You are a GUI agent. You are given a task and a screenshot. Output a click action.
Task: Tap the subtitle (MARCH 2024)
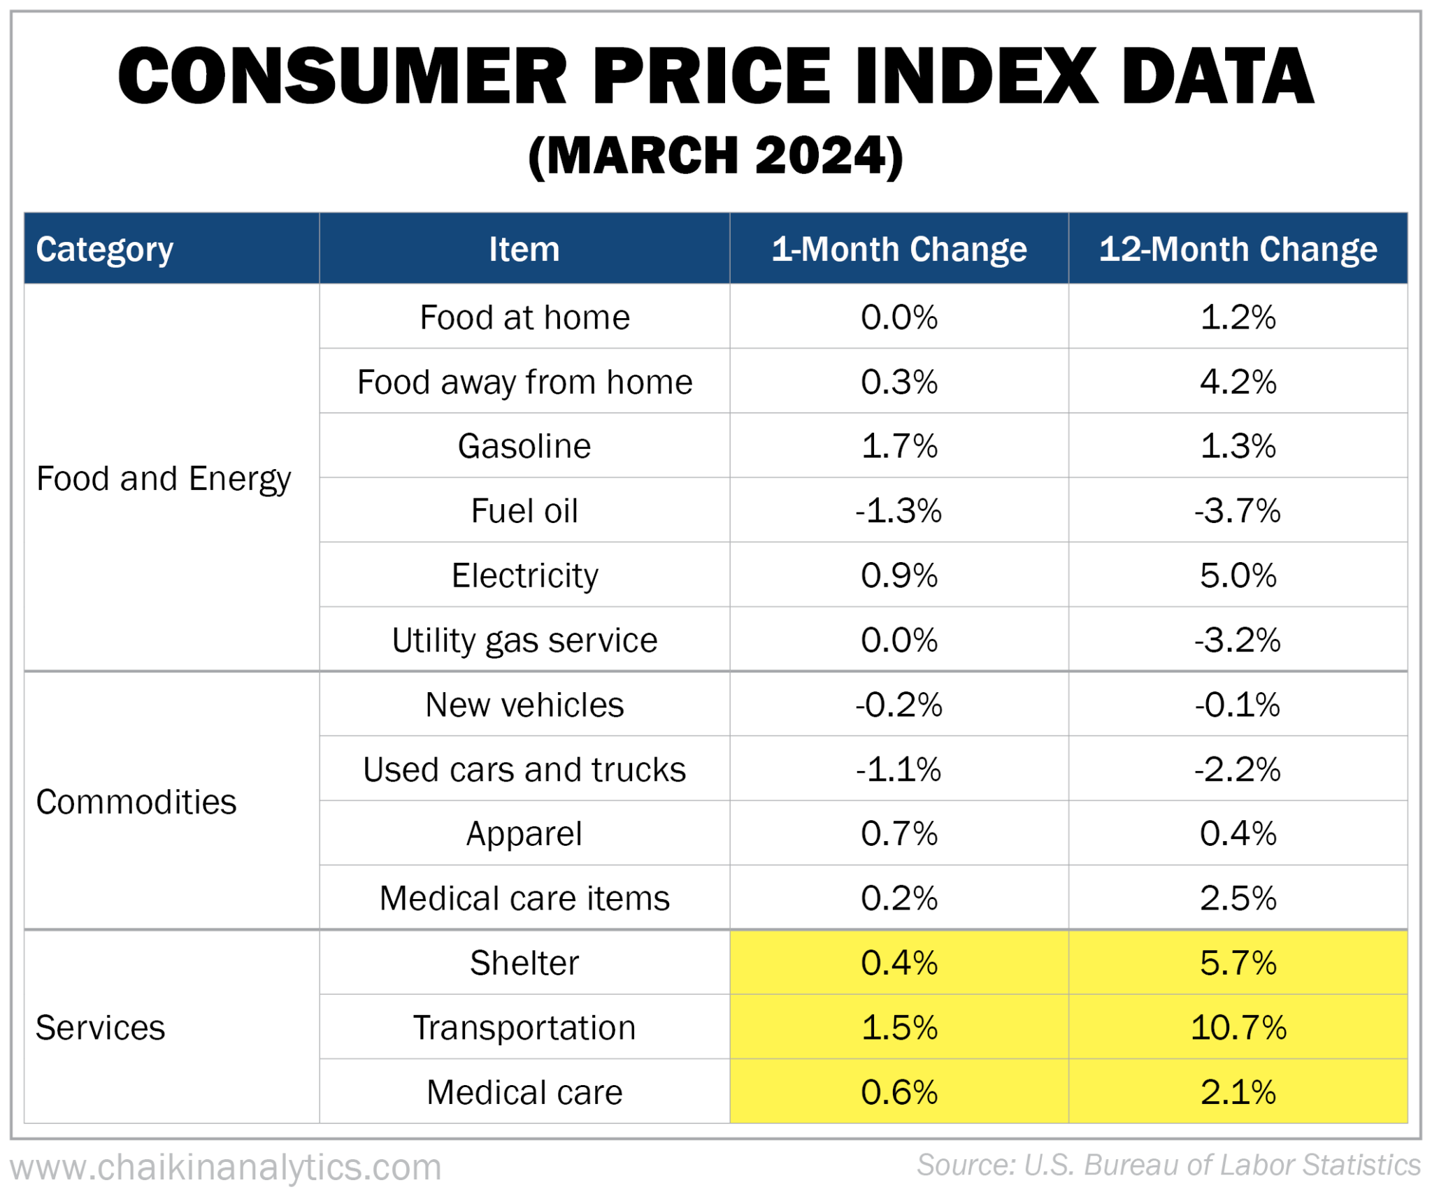[715, 155]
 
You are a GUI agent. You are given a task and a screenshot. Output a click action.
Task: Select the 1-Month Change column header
[898, 249]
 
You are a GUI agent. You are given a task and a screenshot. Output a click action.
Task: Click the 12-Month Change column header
[1238, 249]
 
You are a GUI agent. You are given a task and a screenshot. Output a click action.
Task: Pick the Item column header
[524, 249]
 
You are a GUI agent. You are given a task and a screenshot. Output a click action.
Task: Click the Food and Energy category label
[164, 479]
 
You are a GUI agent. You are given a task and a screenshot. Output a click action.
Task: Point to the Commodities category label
[136, 802]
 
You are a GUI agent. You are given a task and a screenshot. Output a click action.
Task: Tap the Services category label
[101, 1028]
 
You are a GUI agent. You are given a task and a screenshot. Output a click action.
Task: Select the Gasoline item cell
[524, 446]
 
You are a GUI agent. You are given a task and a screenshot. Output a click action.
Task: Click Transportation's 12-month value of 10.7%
[1238, 1028]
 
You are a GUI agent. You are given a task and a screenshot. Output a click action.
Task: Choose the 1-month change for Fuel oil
[898, 511]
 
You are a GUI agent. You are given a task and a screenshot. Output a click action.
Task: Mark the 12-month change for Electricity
[1238, 575]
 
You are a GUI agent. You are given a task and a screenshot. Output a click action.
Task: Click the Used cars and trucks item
[524, 770]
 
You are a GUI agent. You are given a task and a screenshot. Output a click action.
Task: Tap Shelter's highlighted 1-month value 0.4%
[898, 963]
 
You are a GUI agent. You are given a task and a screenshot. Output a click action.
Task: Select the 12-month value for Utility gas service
[1238, 640]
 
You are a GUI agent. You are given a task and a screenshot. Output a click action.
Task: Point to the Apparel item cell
[524, 834]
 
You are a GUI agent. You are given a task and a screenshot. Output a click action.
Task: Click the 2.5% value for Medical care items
[1238, 898]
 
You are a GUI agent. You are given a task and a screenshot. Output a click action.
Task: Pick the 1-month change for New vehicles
[898, 705]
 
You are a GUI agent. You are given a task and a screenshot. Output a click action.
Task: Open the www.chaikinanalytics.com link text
[226, 1167]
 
